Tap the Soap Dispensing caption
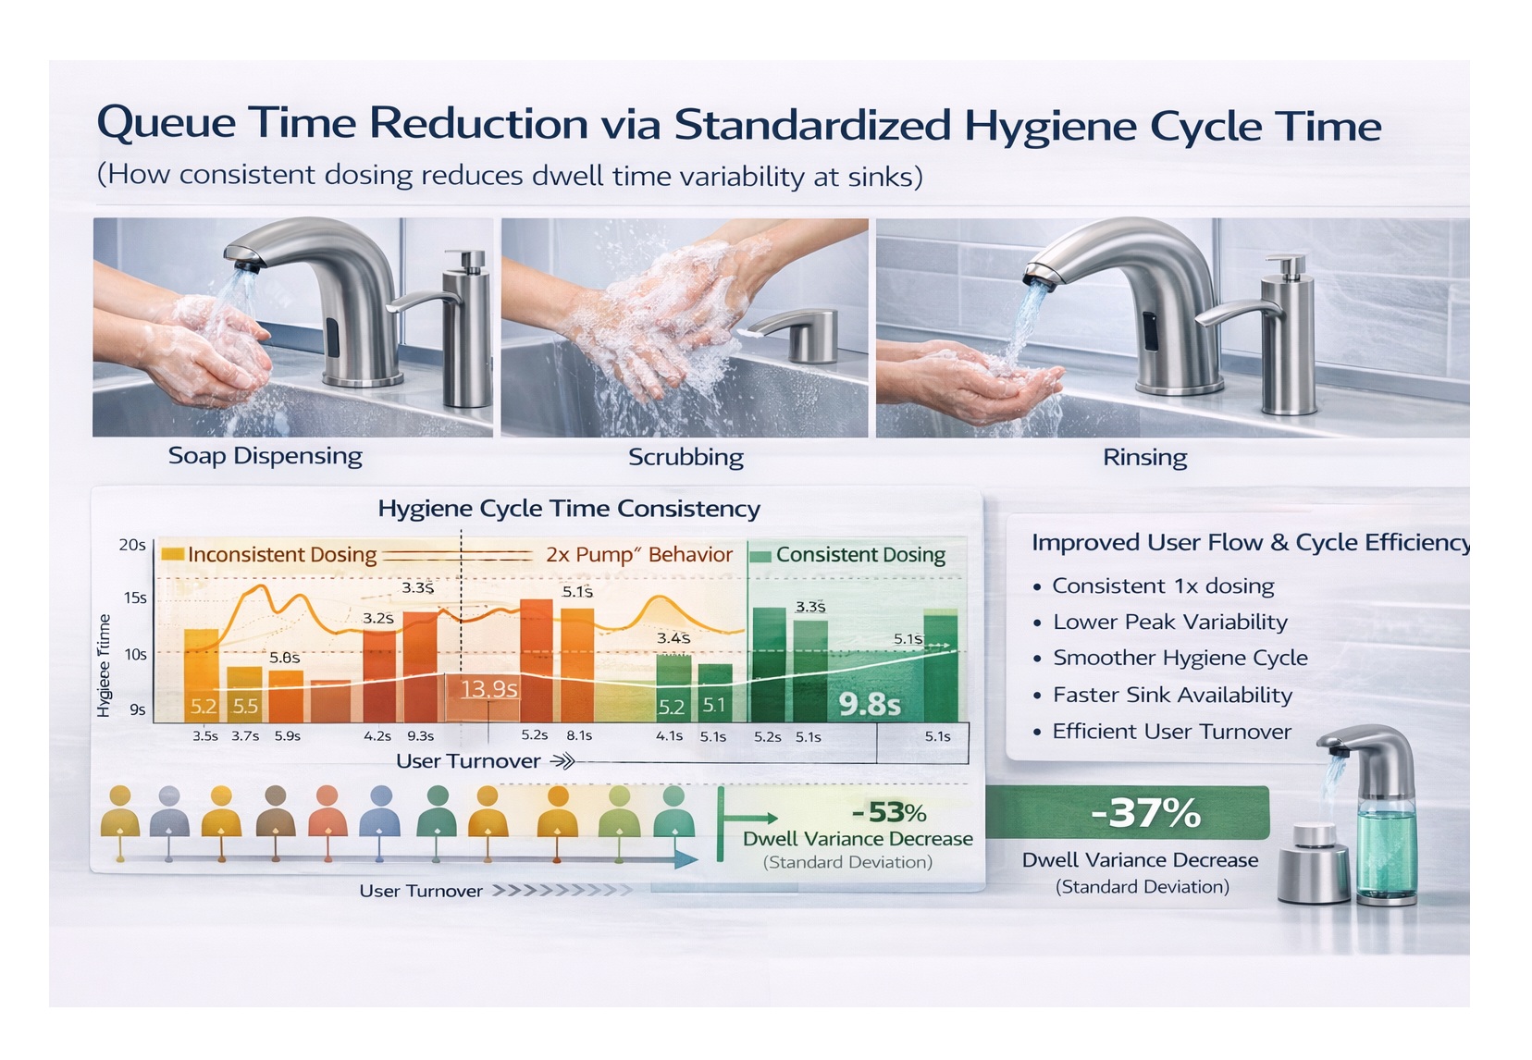(265, 456)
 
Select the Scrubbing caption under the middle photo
(686, 457)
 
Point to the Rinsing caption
(1144, 457)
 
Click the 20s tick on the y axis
(132, 545)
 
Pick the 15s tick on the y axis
(135, 598)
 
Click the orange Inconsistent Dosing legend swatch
(172, 554)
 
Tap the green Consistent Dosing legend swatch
(760, 556)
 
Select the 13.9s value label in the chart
(488, 689)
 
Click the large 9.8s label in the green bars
(870, 705)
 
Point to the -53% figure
(889, 812)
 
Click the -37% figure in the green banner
(1145, 813)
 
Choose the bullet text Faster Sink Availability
(1172, 695)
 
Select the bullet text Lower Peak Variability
(1170, 622)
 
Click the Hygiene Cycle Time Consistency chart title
(569, 509)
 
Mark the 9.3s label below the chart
(420, 736)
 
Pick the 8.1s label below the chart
(579, 735)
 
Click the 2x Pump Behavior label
(638, 555)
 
